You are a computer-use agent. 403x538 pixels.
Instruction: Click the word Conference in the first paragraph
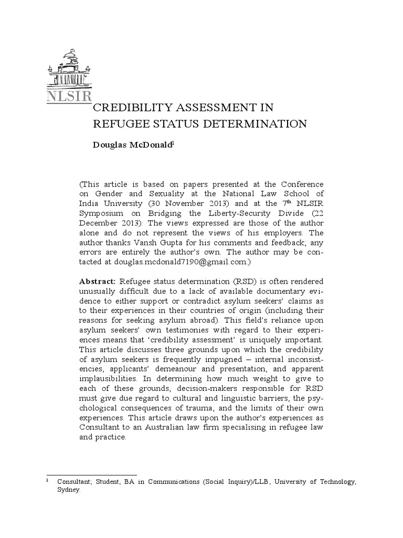(301, 184)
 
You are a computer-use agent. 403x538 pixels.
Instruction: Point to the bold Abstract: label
(97, 282)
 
